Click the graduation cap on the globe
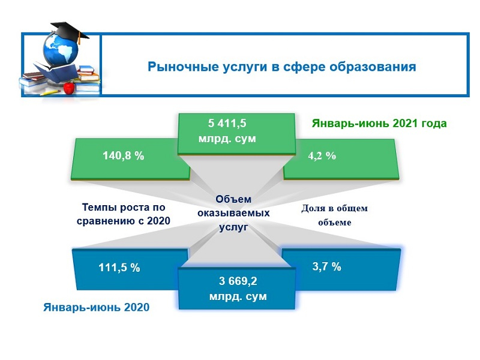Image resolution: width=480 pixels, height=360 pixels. (x=68, y=29)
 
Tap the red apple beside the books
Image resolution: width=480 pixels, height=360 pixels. (x=70, y=88)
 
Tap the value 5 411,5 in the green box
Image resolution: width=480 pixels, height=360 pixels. (x=227, y=124)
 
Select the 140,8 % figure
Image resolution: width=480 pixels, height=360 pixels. (x=122, y=155)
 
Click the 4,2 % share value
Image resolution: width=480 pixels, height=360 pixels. (x=322, y=155)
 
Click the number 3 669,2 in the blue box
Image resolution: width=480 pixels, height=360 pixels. (x=238, y=281)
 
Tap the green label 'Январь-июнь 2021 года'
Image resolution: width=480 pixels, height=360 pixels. (x=379, y=124)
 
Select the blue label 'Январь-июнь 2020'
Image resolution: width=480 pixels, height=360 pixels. (x=96, y=307)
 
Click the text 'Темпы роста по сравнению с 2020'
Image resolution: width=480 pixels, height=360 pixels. (x=123, y=215)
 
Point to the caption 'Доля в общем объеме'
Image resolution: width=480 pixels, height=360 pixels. (x=334, y=215)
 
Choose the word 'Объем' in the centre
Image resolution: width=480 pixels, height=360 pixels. (x=233, y=200)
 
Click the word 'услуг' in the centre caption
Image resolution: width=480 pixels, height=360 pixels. (x=233, y=226)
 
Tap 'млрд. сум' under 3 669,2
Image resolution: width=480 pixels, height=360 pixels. (x=238, y=296)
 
